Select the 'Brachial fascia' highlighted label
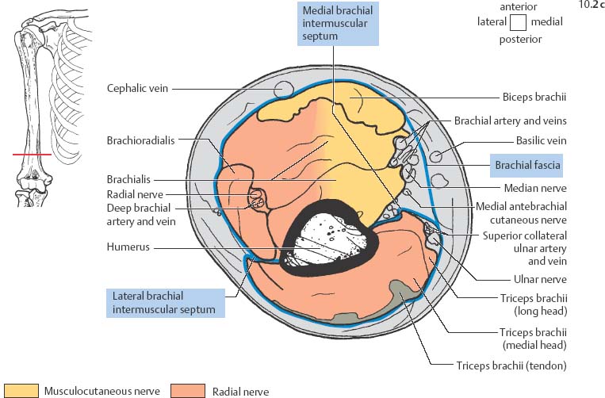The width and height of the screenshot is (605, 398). click(528, 166)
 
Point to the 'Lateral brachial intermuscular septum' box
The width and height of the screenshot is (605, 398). click(164, 302)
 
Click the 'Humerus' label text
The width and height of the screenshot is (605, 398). click(128, 247)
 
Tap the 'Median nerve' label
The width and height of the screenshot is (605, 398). click(534, 189)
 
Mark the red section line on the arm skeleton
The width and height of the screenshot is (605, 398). click(31, 155)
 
